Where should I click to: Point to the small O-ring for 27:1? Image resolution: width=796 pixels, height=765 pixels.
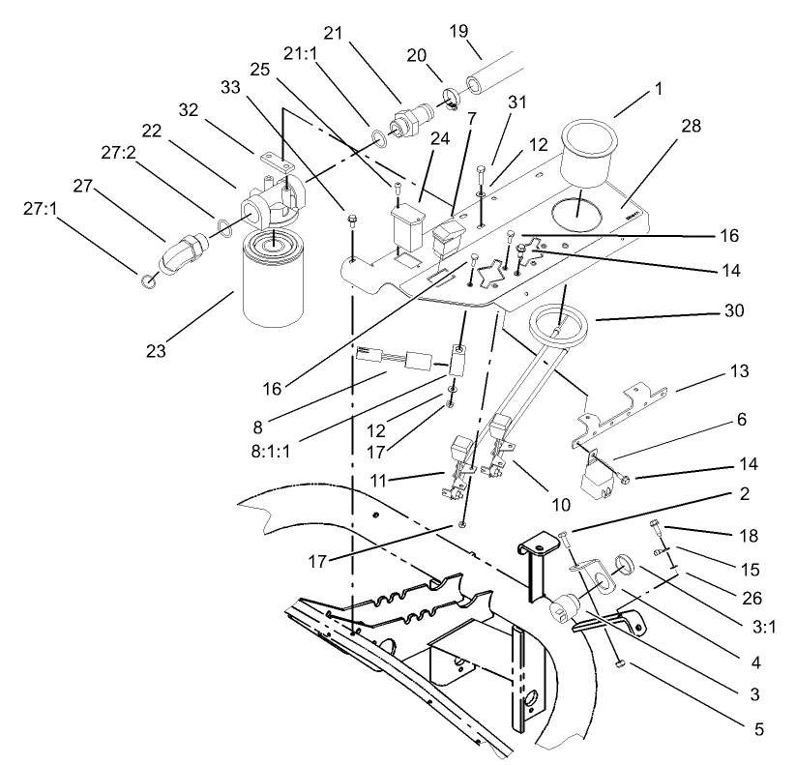(145, 282)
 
